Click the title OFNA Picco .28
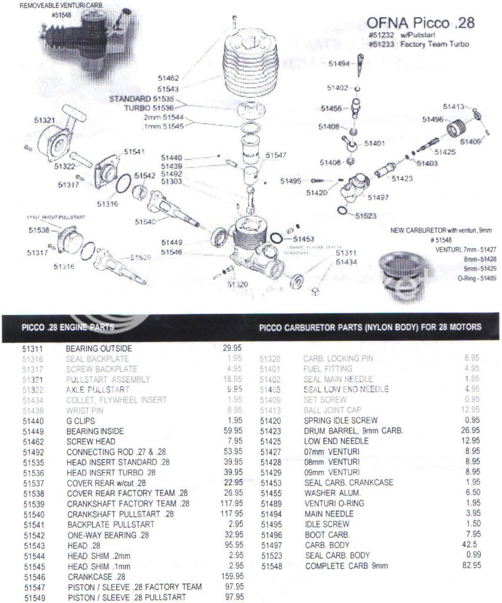click(420, 23)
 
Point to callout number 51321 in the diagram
click(45, 120)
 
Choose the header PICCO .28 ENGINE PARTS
click(68, 327)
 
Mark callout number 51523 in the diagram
click(366, 216)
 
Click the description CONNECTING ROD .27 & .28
click(114, 452)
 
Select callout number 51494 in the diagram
click(339, 64)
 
